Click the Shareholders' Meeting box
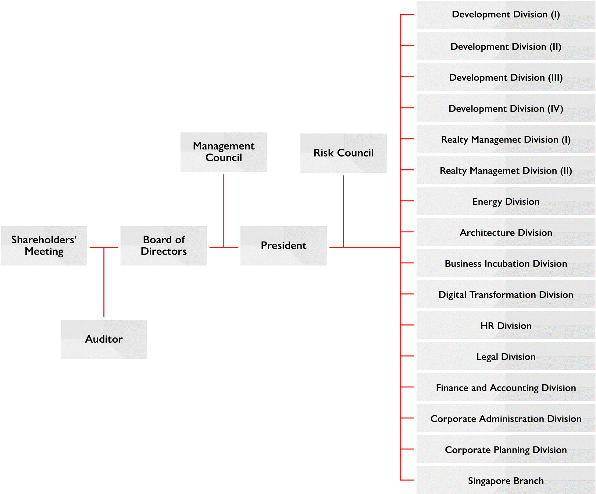pos(44,245)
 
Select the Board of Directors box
pos(164,245)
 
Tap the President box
pos(284,245)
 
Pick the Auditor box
pos(104,339)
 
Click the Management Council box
pos(224,152)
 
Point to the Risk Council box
pos(344,153)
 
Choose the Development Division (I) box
pos(506,15)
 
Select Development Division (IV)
pos(506,109)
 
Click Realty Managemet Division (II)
pos(506,171)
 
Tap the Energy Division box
pos(506,202)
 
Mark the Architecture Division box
pos(506,233)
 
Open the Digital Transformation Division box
pos(506,295)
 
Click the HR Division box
pos(506,326)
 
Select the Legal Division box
pos(506,357)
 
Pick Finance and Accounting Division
pos(506,388)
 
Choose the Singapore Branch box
pos(506,481)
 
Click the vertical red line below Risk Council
pos(344,210)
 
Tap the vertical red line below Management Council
pos(224,210)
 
